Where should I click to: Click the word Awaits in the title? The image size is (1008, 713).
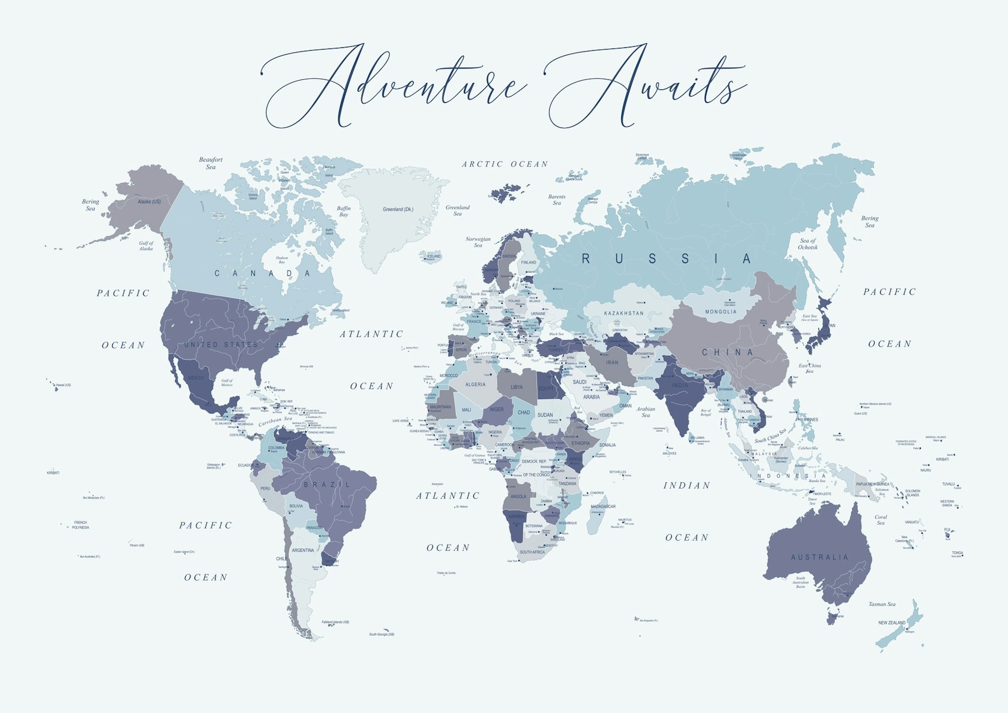click(x=646, y=85)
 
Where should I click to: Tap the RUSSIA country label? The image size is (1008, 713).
click(x=666, y=259)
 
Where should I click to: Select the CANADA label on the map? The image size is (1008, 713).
click(x=262, y=274)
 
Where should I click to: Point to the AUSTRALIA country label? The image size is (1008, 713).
click(x=819, y=558)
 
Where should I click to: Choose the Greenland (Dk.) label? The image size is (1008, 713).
click(x=398, y=209)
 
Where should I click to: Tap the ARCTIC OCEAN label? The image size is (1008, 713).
click(x=505, y=164)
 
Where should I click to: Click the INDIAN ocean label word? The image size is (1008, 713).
click(x=687, y=486)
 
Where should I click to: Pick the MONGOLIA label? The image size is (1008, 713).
click(x=721, y=311)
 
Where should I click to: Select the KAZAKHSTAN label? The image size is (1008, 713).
click(x=623, y=313)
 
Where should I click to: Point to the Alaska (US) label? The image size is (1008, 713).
click(x=149, y=202)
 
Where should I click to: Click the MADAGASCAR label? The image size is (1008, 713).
click(x=602, y=507)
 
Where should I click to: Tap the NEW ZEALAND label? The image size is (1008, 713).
click(x=892, y=623)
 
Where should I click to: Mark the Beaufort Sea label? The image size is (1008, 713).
click(x=210, y=163)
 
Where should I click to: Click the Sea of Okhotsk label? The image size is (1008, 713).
click(x=808, y=244)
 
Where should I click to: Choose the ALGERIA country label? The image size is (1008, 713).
click(x=475, y=385)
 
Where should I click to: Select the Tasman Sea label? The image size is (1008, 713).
click(x=882, y=604)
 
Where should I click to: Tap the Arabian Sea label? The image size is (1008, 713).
click(x=646, y=412)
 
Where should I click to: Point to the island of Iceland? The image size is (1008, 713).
click(x=433, y=257)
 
